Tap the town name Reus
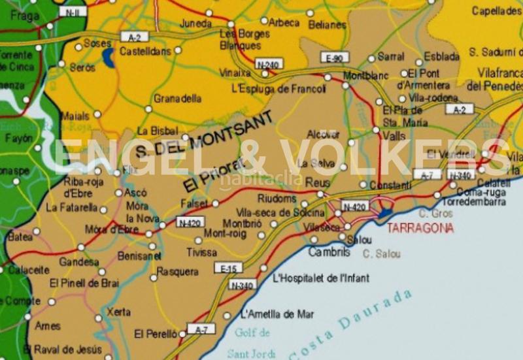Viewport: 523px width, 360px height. (318, 182)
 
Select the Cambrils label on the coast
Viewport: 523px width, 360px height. (324, 252)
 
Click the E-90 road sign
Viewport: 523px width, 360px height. (334, 58)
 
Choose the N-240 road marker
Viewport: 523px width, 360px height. (268, 65)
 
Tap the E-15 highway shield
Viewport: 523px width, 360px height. (229, 268)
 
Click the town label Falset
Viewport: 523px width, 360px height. (194, 204)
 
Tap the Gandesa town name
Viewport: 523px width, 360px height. (78, 262)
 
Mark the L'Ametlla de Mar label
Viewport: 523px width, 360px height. (277, 314)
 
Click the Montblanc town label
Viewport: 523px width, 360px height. (366, 75)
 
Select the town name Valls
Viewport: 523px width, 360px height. (394, 136)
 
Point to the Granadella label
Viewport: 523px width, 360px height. (177, 99)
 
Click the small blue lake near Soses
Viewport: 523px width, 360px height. (108, 58)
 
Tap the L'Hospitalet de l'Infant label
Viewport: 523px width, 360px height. (320, 278)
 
